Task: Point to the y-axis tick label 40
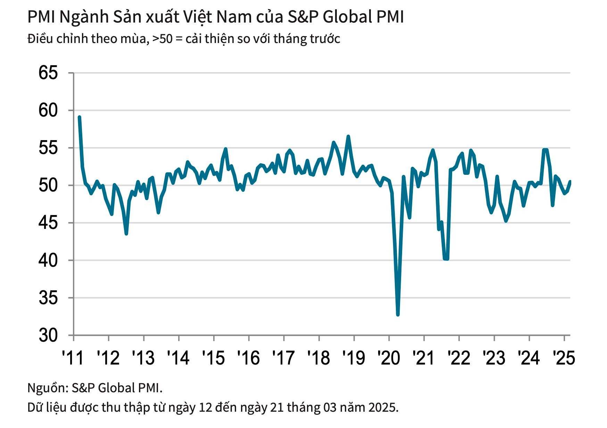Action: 48,260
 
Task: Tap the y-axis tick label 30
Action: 48,335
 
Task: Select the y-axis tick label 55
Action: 48,148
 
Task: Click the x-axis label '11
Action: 73,357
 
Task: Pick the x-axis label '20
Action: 389,357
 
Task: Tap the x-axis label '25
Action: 564,357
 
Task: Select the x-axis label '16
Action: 248,357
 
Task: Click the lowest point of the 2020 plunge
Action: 398,314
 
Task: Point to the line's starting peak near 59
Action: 80,117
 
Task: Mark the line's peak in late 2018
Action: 348,136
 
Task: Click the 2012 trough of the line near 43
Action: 126,234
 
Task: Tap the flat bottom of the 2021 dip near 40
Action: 446,259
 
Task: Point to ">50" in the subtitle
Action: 162,38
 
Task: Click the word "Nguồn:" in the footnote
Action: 48,387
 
